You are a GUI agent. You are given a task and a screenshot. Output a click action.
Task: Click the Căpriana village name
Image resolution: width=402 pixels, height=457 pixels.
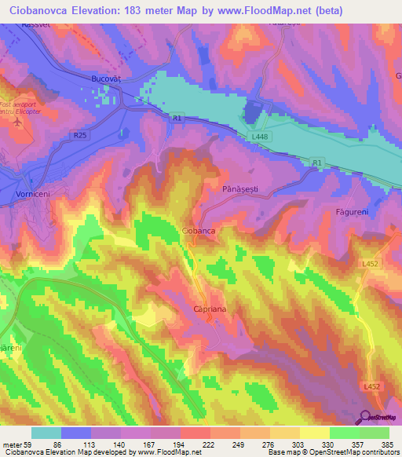click(x=210, y=310)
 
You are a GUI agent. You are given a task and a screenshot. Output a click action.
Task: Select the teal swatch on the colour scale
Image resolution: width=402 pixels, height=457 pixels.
click(x=46, y=433)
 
